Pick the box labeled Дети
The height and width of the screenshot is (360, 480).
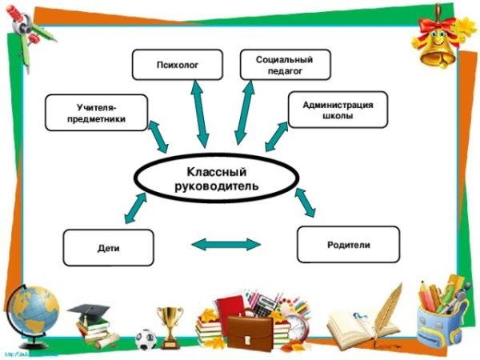point(108,248)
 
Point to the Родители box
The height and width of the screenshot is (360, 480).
point(348,245)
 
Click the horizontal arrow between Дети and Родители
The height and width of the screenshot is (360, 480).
point(227,244)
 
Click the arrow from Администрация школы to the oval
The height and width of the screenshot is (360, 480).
point(277,136)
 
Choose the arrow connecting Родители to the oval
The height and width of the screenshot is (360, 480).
point(306,203)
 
